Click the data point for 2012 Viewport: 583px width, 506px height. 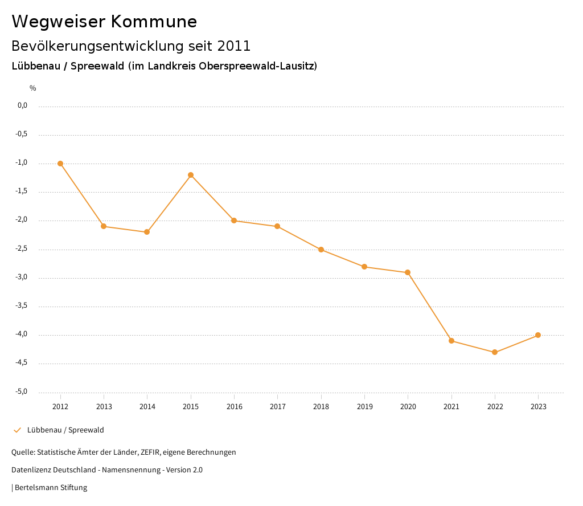coord(60,164)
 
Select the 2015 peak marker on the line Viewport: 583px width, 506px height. coord(191,175)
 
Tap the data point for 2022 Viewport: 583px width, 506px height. coord(495,352)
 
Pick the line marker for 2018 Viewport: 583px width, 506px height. coord(321,250)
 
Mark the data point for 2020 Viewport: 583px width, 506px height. coord(408,272)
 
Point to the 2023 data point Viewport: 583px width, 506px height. coord(538,335)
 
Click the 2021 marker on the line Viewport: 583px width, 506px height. coord(451,341)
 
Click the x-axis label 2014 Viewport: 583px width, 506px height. coord(147,407)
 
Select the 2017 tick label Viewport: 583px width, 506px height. coord(278,407)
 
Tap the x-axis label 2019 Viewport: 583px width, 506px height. coord(364,407)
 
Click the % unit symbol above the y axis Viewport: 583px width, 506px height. coord(33,88)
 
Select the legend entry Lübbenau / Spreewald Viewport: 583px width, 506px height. coord(65,430)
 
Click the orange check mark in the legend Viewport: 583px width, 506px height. coord(17,430)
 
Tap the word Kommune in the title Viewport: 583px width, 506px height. coord(154,22)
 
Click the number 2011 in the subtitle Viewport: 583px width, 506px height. coord(234,46)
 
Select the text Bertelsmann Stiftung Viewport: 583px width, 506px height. coord(51,488)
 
